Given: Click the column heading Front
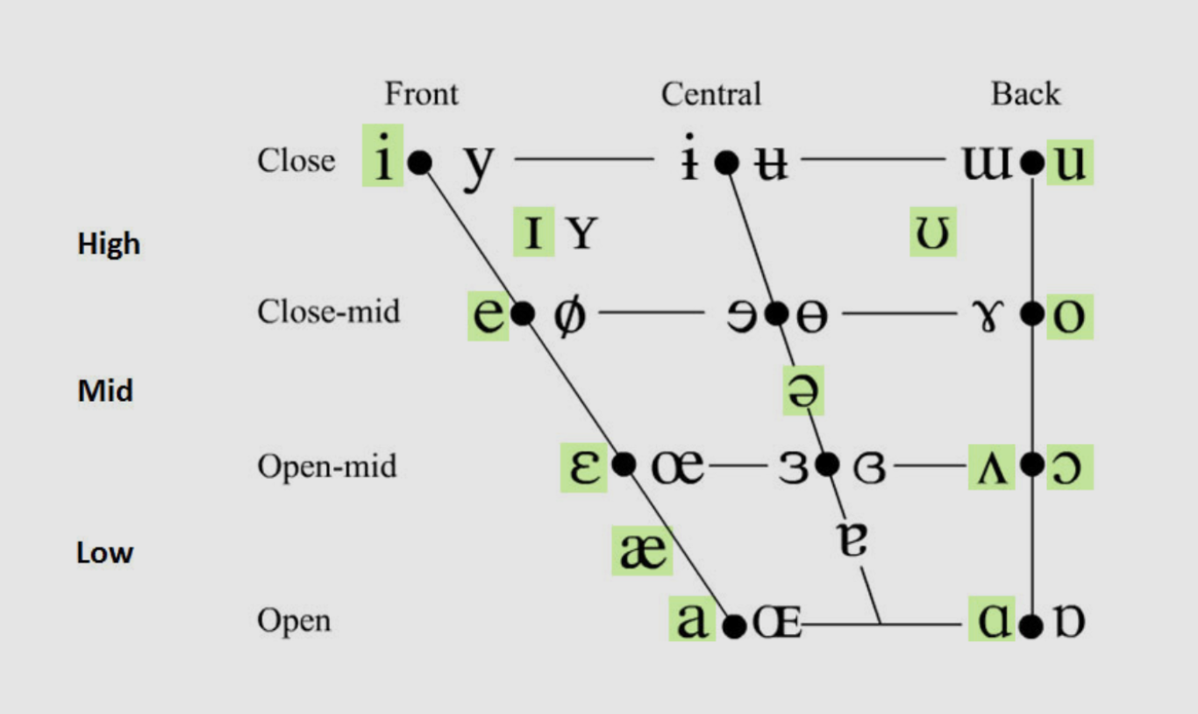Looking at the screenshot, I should point(421,94).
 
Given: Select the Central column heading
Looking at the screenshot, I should point(711,94).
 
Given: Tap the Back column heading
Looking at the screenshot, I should point(1025,94).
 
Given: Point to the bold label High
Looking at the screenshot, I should point(109,244).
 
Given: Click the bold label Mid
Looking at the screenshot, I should point(105,390).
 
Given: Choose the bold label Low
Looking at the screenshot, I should point(104,553).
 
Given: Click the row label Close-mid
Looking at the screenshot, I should point(328,312).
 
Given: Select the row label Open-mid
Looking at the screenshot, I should point(326,466).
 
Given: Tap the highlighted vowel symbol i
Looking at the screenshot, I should point(382,161).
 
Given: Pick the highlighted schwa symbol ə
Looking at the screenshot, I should point(804,391).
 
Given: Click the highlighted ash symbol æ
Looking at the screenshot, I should point(643,552).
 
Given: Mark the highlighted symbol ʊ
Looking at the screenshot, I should point(932,233).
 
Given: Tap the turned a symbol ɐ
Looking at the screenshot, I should point(853,541).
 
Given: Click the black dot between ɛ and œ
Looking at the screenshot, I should point(624,464).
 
